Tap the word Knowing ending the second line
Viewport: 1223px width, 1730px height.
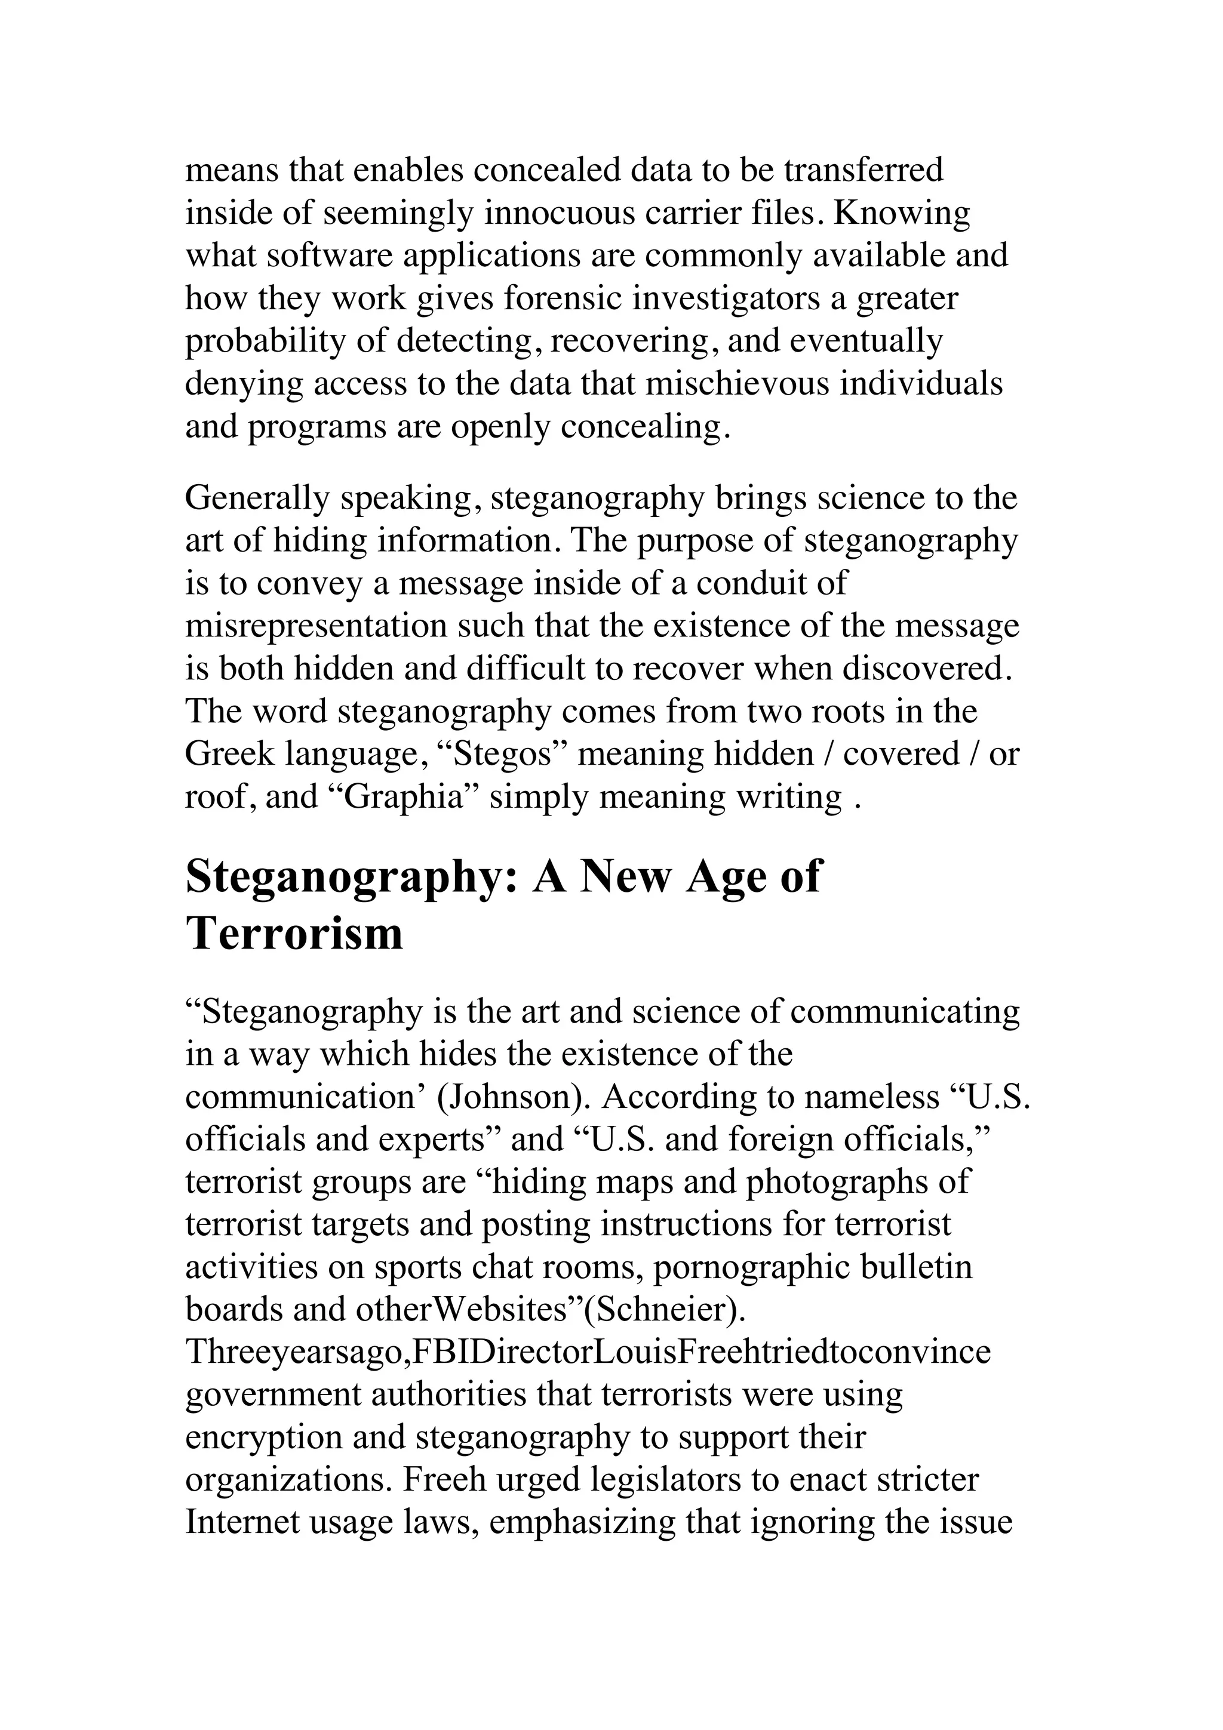[x=902, y=213]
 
